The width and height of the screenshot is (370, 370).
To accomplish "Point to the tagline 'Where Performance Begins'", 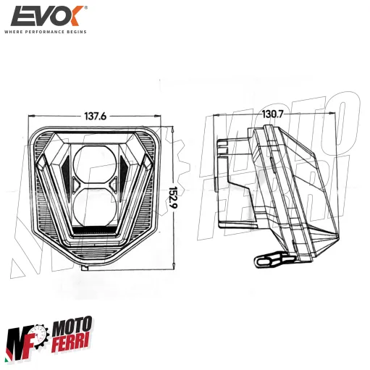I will pos(46,32).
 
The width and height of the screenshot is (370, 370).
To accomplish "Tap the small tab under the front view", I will pos(85,267).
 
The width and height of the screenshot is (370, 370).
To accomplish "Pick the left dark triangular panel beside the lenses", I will pos(62,175).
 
